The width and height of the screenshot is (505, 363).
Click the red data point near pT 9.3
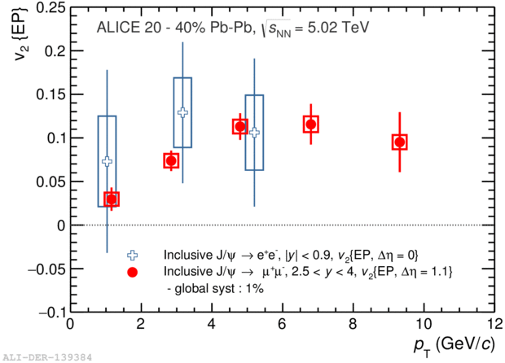[400, 142]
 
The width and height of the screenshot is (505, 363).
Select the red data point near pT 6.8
[311, 125]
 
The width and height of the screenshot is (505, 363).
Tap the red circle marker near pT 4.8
[240, 126]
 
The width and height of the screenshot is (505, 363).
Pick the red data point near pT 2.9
[171, 160]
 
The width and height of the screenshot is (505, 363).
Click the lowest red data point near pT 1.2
[112, 199]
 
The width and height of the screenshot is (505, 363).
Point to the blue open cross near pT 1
[108, 161]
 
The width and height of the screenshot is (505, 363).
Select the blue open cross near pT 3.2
[183, 112]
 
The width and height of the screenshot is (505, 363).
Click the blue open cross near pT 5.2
[254, 133]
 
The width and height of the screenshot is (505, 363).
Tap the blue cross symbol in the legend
[133, 256]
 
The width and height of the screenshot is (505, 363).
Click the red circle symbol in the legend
[133, 272]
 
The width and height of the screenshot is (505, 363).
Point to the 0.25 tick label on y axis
[50, 7]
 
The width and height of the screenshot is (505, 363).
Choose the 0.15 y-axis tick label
[50, 94]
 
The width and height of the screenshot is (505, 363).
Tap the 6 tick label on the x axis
[282, 324]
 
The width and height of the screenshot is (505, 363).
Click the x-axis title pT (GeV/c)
[455, 346]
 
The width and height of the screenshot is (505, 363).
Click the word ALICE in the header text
[118, 28]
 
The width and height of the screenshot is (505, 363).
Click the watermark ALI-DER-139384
[47, 357]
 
